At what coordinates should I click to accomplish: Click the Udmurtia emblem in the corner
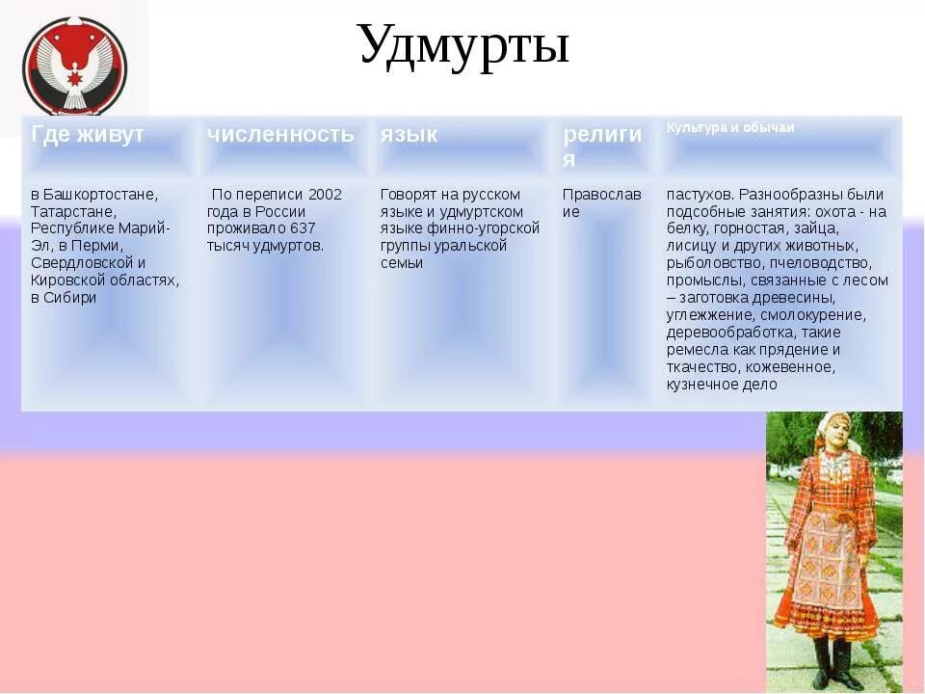pyautogui.click(x=74, y=66)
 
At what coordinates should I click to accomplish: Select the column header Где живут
pyautogui.click(x=87, y=135)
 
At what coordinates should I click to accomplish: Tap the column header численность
pyautogui.click(x=280, y=135)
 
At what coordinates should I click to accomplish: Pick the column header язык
pyautogui.click(x=409, y=135)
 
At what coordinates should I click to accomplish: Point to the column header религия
pyautogui.click(x=601, y=146)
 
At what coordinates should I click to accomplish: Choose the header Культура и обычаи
pyautogui.click(x=730, y=128)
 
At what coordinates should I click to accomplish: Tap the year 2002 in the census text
pyautogui.click(x=325, y=195)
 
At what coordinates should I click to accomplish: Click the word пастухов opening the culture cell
pyautogui.click(x=697, y=195)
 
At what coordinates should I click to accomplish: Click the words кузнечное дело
pyautogui.click(x=722, y=385)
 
